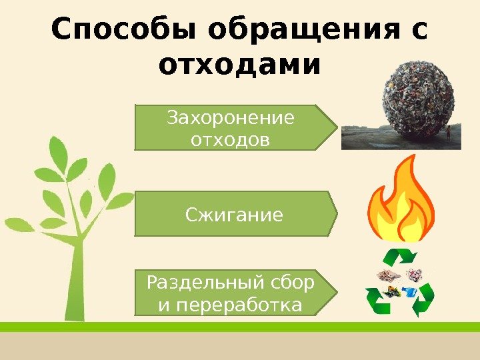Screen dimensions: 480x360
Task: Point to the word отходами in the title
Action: click(x=240, y=65)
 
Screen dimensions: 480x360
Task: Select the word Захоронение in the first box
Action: click(x=231, y=118)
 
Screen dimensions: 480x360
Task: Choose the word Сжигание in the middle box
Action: click(x=233, y=215)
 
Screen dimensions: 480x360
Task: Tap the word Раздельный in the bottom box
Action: click(x=200, y=283)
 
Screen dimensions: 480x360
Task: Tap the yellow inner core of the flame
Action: click(x=400, y=217)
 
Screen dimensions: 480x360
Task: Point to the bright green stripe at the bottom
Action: click(x=240, y=327)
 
